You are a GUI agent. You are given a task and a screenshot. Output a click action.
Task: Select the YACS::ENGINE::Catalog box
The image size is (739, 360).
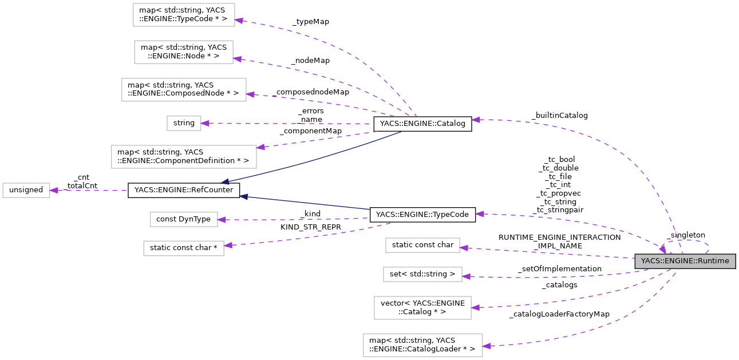coord(422,124)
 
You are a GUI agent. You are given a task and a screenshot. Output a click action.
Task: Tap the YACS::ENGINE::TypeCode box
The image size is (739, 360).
coord(422,215)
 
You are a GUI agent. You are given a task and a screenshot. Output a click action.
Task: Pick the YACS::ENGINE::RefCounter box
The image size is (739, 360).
coord(183,190)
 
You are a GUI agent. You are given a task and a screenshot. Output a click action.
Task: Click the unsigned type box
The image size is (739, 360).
coord(26,190)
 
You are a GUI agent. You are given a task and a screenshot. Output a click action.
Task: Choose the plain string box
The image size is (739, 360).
coord(184,123)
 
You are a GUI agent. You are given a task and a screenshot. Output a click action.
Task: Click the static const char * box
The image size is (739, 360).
coord(183,247)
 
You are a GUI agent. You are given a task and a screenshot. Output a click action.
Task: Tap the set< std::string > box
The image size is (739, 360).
coord(422,274)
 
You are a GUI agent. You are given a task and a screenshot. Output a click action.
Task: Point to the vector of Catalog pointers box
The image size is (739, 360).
coord(422,307)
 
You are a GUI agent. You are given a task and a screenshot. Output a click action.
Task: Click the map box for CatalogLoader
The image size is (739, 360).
coord(422,345)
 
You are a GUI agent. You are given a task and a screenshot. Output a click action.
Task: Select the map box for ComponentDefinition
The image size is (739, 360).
coord(183,156)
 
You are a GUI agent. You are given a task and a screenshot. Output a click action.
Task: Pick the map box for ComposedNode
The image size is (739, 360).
coord(184,90)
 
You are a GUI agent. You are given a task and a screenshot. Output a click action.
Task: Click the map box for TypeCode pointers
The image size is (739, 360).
coord(183,15)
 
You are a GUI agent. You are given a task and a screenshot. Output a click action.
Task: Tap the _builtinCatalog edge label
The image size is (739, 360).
coord(559,115)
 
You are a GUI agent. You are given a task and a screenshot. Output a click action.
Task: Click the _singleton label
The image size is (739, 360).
coord(686,235)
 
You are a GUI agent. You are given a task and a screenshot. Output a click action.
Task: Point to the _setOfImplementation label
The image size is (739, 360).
coord(559,268)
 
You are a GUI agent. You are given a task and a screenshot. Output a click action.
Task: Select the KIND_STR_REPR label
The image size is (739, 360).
coord(310,227)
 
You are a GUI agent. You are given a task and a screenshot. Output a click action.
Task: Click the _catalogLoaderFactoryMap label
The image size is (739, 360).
coord(559,314)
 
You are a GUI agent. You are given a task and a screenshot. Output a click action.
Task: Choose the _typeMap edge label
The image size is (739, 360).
coord(310,22)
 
